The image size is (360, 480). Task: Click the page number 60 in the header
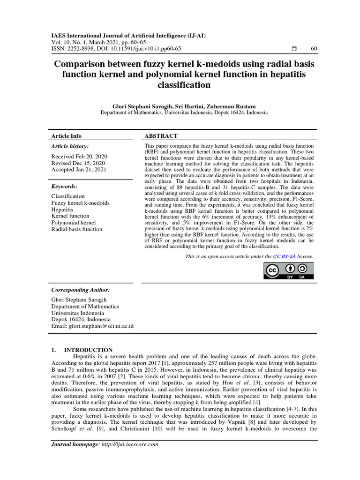314,49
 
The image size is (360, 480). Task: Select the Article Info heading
66,136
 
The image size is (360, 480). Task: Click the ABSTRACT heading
161,136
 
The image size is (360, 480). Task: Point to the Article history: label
69,147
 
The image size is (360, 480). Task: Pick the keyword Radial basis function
76,229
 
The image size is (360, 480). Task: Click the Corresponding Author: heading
80,290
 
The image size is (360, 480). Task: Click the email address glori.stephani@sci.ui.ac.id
101,326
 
